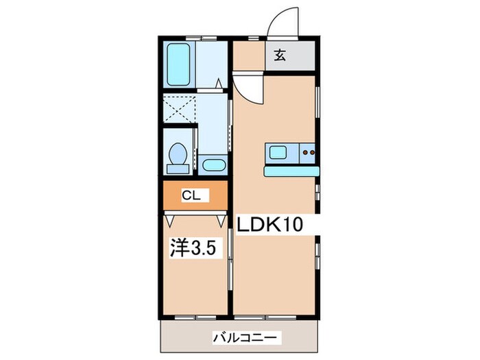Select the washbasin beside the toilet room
(x=213, y=165)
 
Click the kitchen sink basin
(x=280, y=152)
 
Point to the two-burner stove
(x=307, y=152)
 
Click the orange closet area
(x=206, y=195)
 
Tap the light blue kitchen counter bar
(x=289, y=171)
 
